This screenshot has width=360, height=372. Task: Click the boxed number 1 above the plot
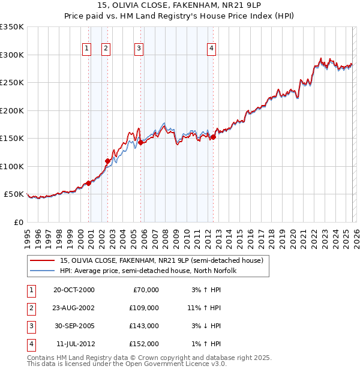tap(86, 49)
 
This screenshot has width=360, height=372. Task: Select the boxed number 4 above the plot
tap(212, 49)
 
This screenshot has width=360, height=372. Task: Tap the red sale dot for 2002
tap(108, 161)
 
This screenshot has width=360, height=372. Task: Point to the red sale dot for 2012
tap(213, 137)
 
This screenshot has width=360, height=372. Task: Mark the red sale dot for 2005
tap(140, 142)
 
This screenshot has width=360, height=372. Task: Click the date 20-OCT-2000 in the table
tap(74, 290)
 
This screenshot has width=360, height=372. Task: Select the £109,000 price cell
tap(144, 308)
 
